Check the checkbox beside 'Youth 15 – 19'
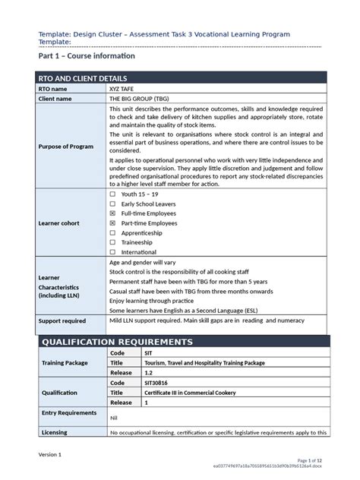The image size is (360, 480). pos(113,194)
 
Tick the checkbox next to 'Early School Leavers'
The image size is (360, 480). pos(113,204)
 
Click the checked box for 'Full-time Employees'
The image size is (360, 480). pos(113,214)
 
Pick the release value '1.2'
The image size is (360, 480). pos(149,373)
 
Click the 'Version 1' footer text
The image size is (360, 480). pos(50,453)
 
